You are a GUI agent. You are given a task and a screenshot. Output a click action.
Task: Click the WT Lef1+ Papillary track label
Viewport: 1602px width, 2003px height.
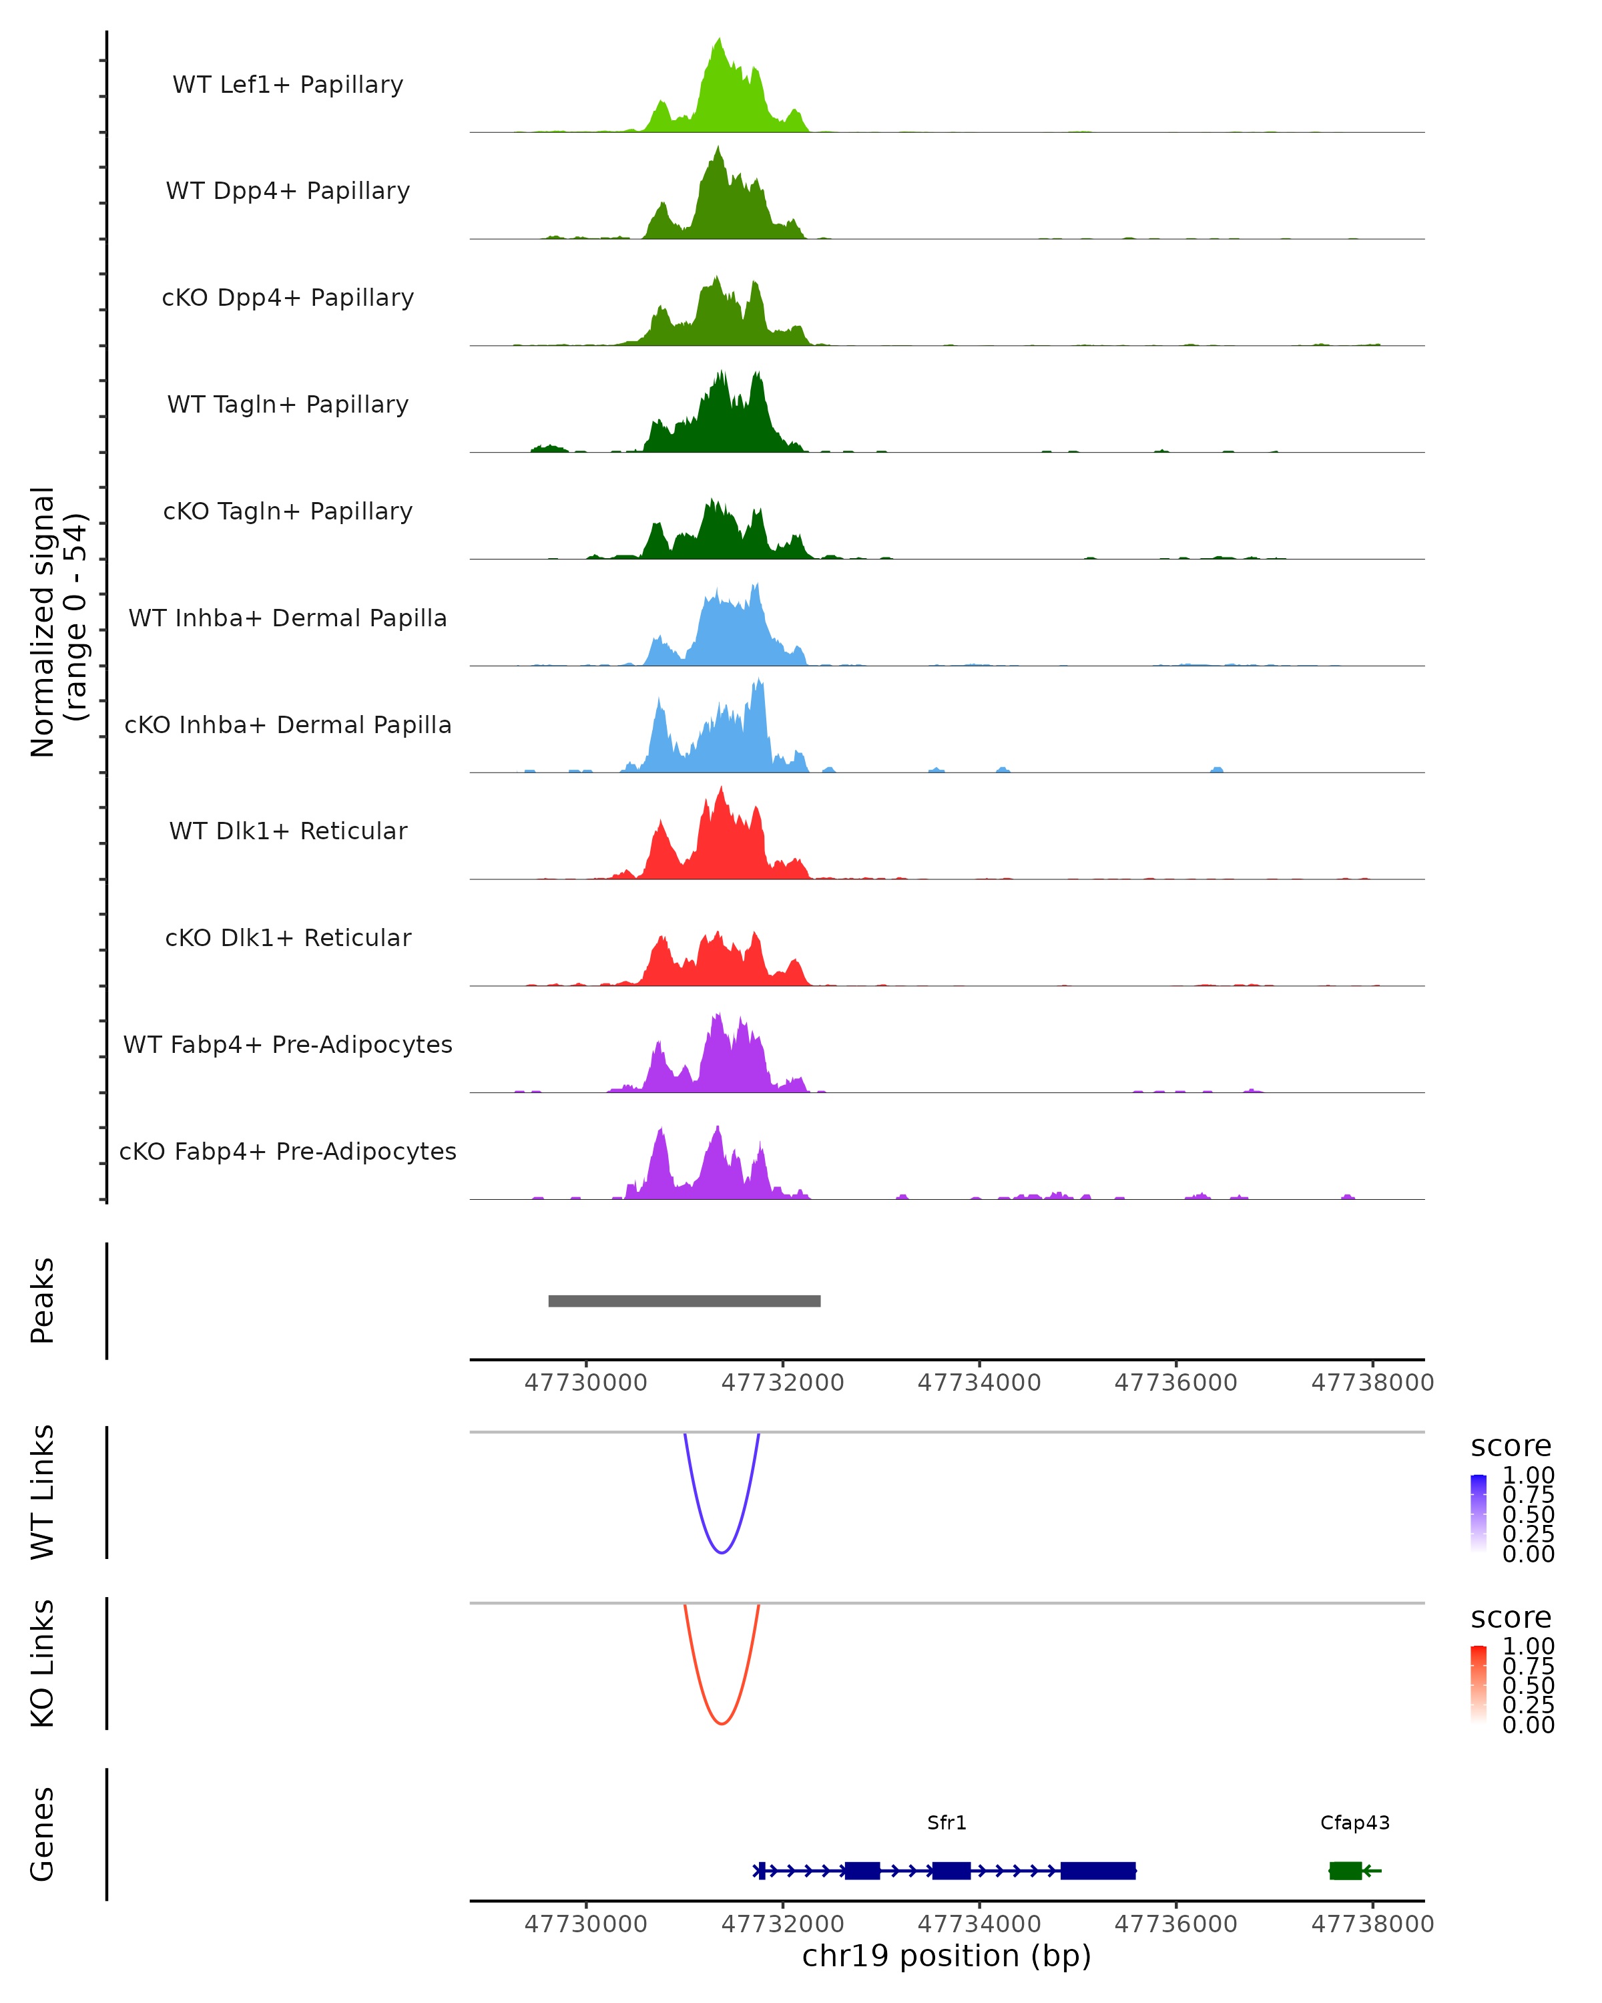point(288,85)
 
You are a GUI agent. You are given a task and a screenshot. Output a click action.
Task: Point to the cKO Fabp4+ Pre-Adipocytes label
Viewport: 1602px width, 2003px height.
point(288,1151)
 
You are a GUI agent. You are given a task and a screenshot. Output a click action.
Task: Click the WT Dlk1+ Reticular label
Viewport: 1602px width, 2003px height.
point(288,831)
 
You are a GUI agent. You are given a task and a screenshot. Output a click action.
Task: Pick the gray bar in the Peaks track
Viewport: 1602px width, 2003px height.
point(684,1301)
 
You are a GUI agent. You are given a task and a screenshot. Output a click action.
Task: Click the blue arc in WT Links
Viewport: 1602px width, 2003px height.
point(722,1552)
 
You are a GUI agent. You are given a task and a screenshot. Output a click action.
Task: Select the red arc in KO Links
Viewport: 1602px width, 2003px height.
point(722,1723)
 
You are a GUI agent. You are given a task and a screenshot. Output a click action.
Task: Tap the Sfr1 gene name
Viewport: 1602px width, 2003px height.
point(947,1823)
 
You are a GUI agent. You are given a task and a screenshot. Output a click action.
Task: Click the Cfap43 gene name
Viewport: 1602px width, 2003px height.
point(1355,1823)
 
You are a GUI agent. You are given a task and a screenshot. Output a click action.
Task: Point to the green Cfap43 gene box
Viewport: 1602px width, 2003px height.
point(1345,1870)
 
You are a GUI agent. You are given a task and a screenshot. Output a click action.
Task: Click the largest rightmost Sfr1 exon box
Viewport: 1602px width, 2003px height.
point(1098,1870)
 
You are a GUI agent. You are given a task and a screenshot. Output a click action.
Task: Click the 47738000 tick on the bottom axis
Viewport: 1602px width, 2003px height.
point(1372,1924)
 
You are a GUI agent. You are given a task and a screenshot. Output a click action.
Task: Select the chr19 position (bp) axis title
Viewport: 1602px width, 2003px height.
point(947,1956)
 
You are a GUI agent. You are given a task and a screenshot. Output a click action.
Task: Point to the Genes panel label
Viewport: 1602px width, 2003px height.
point(42,1834)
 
